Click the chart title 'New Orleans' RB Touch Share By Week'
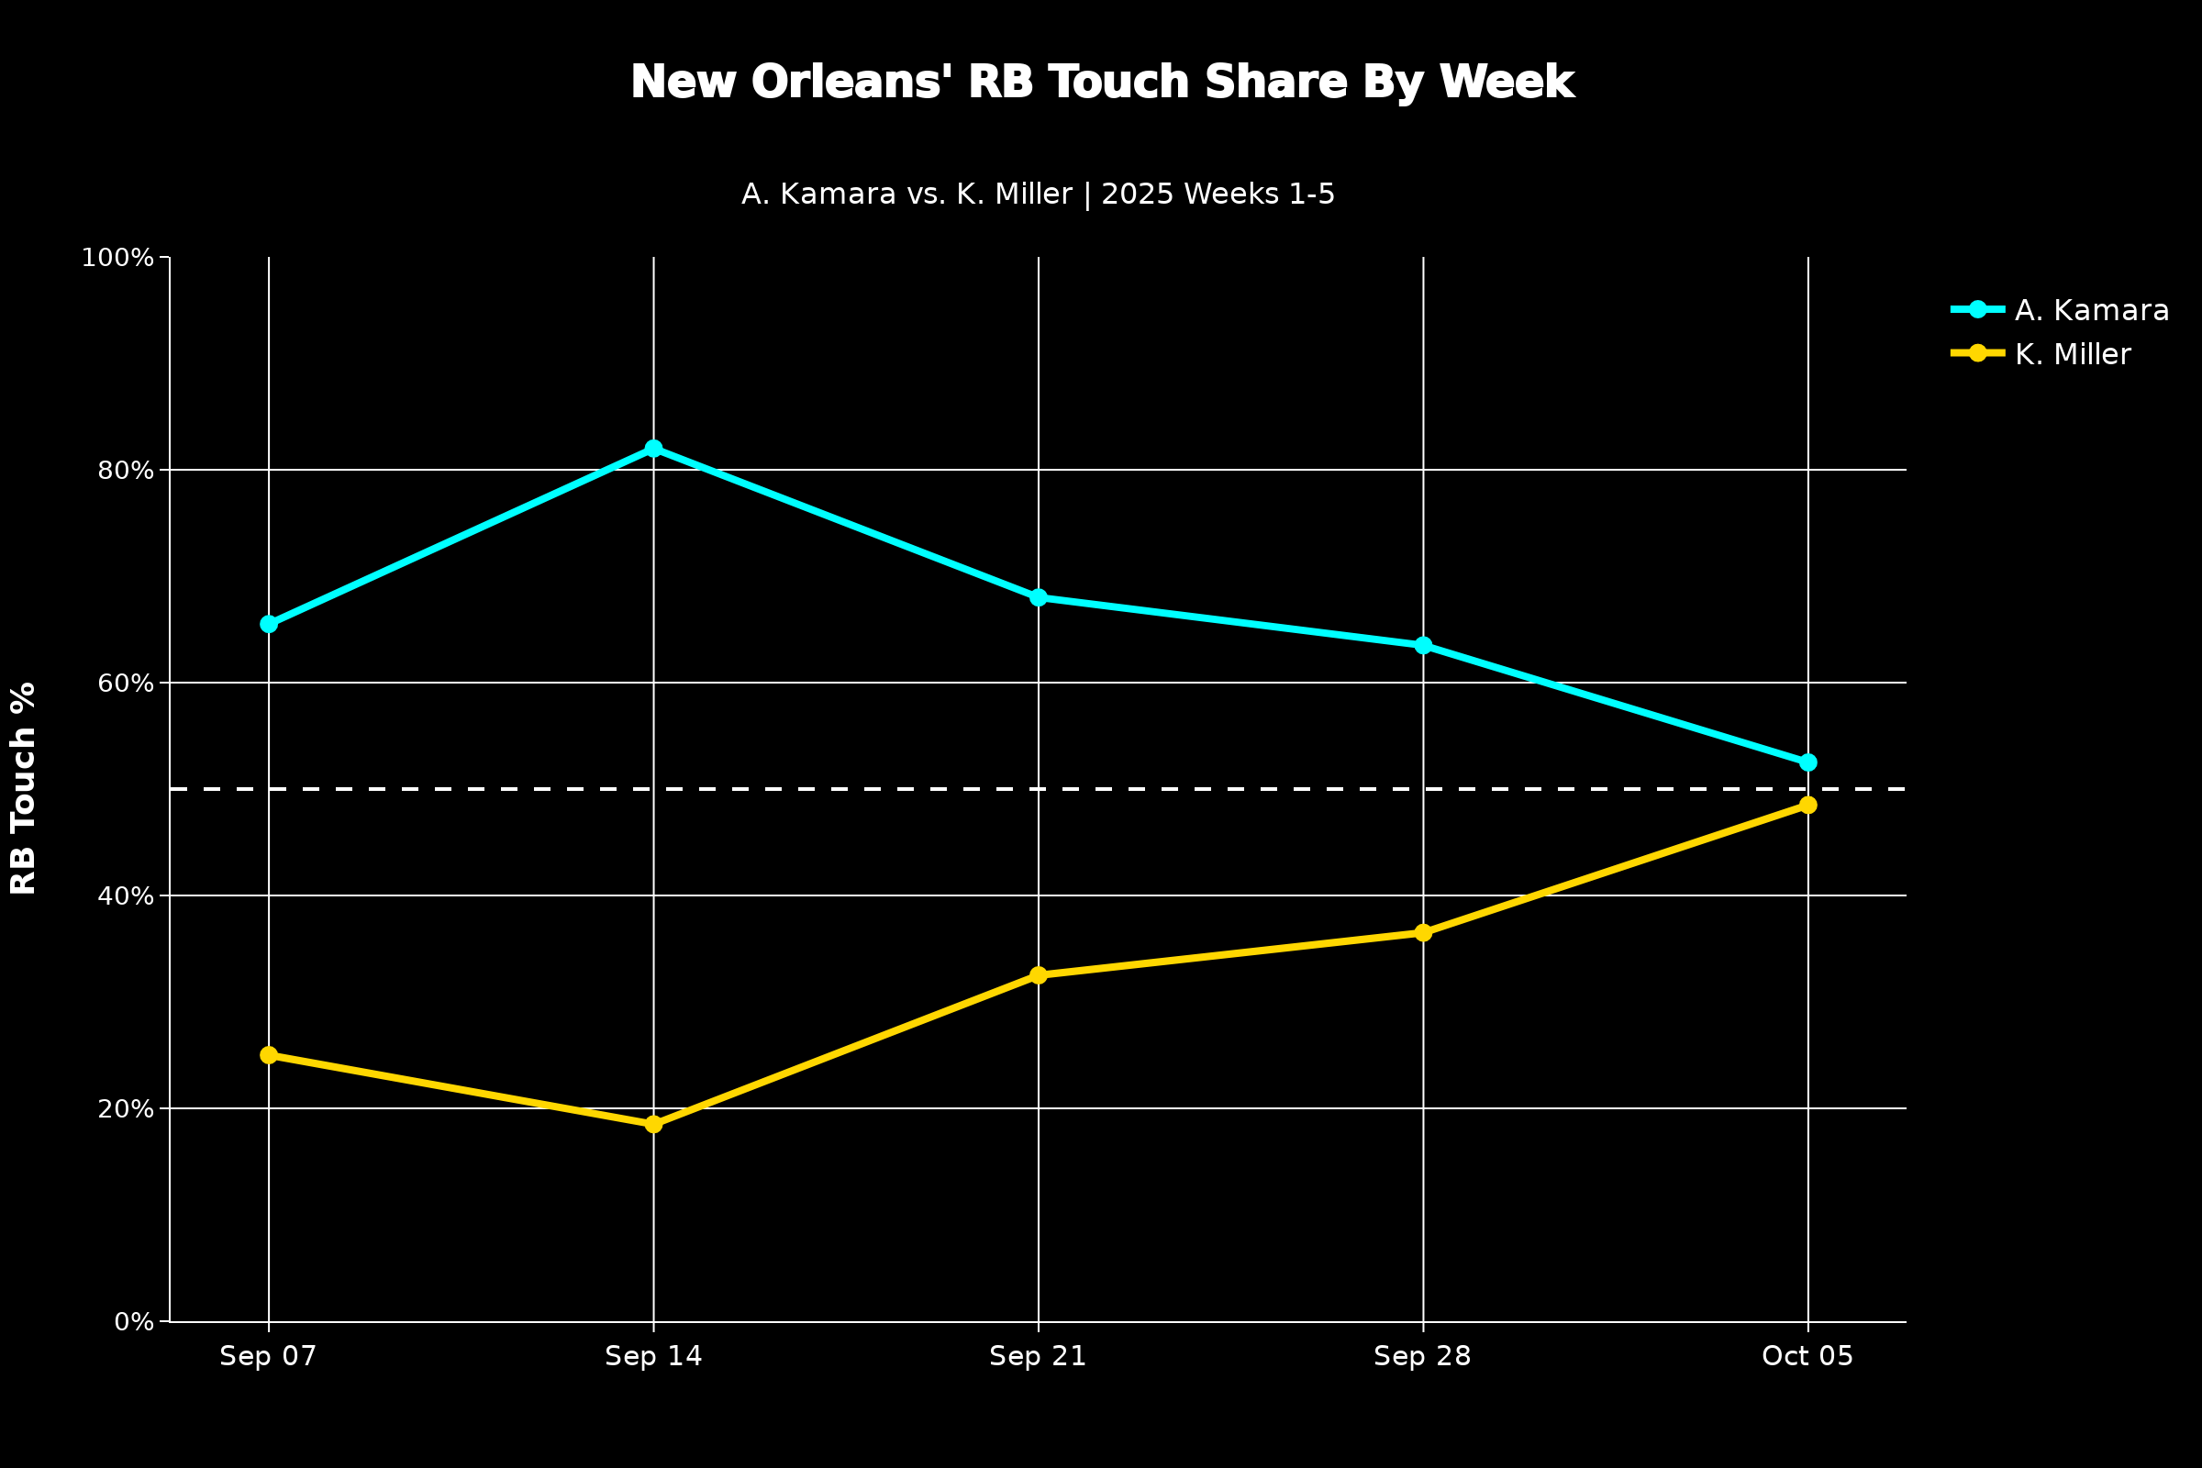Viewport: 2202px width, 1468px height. tap(1102, 83)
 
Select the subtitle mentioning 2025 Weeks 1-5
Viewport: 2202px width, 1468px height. tap(1038, 195)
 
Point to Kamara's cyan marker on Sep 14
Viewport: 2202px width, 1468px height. tap(653, 449)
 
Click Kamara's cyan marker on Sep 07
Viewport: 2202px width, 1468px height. tap(269, 625)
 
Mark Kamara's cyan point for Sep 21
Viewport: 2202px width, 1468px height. tap(1039, 597)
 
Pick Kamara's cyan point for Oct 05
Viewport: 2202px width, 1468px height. tap(1807, 763)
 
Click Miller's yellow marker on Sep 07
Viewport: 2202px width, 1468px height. tap(269, 1055)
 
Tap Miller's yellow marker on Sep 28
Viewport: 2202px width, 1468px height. tap(1423, 932)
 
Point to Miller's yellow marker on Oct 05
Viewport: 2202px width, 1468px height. tap(1807, 806)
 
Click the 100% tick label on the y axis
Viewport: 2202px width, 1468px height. tap(117, 258)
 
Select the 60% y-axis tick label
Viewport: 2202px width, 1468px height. tap(126, 684)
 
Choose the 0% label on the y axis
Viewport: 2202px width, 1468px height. tap(134, 1322)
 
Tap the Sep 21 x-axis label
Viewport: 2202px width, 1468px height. tap(1038, 1357)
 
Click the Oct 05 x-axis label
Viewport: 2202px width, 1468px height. tap(1807, 1357)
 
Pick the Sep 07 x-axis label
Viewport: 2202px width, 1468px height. tap(268, 1357)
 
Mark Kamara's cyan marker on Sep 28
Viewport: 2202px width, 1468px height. tap(1423, 645)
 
